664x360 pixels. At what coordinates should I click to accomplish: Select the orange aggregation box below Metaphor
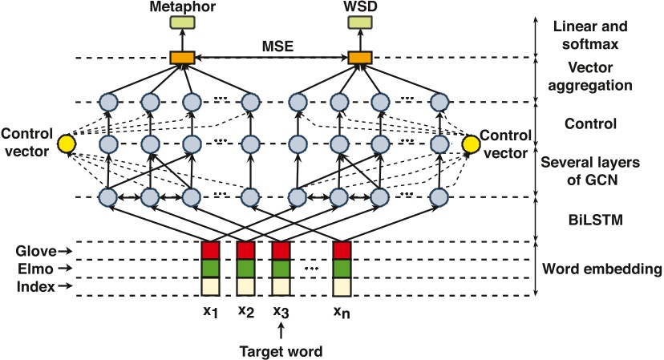coord(183,58)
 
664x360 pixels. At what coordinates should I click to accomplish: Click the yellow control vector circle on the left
coord(67,144)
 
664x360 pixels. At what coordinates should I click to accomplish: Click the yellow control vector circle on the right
coord(471,144)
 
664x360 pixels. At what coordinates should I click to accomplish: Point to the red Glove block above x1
coord(210,250)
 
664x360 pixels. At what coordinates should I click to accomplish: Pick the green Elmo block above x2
coord(245,268)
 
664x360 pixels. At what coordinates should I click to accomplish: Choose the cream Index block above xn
coord(342,286)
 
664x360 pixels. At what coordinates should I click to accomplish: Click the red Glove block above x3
coord(280,250)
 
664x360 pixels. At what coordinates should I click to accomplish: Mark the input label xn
coord(342,312)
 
